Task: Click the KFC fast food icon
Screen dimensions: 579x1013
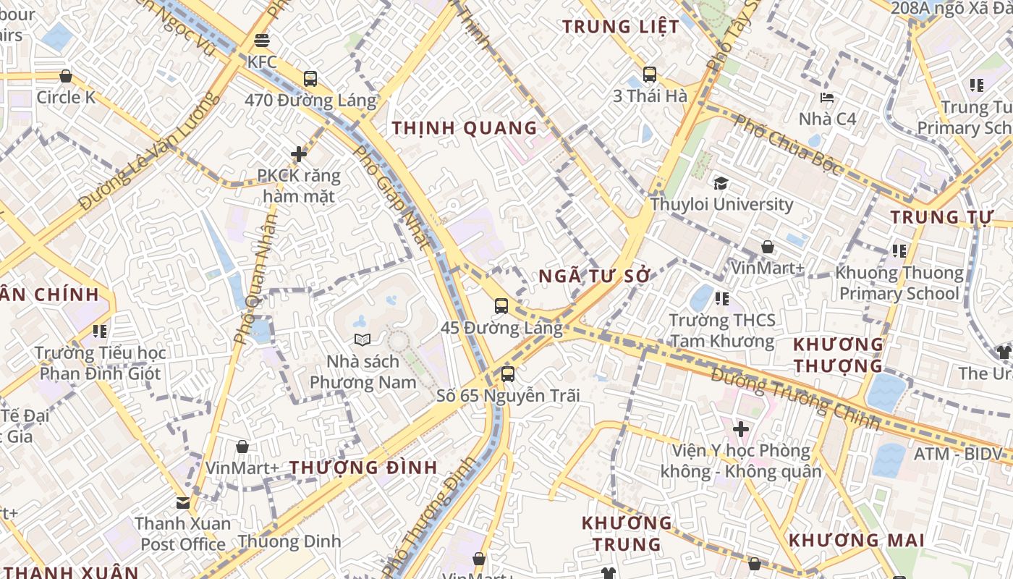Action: tap(262, 40)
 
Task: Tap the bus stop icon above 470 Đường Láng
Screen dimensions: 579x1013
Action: tap(310, 78)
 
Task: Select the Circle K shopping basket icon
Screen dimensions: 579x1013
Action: tap(66, 76)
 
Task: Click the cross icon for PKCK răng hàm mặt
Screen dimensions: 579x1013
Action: tap(299, 153)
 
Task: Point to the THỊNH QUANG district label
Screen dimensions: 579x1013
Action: tap(465, 128)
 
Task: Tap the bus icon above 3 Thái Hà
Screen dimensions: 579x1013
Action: tap(649, 74)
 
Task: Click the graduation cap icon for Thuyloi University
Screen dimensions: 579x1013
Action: tap(721, 183)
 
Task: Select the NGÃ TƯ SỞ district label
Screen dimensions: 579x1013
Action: tap(595, 276)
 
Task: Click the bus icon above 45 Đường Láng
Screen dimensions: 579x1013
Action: tap(501, 305)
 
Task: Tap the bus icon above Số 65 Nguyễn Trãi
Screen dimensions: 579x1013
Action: tap(508, 374)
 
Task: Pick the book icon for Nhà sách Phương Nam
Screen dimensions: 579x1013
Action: tap(363, 339)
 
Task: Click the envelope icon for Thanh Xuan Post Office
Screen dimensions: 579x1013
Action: tap(183, 502)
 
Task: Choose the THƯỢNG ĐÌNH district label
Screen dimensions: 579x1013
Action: tap(364, 467)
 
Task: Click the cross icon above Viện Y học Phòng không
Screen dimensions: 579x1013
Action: tap(740, 429)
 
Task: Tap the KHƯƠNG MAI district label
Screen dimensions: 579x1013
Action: tap(856, 540)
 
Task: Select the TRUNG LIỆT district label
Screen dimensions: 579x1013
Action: tap(621, 27)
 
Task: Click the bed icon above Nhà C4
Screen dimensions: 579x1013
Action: tap(827, 97)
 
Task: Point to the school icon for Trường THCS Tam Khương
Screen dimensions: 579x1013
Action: tap(721, 298)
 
